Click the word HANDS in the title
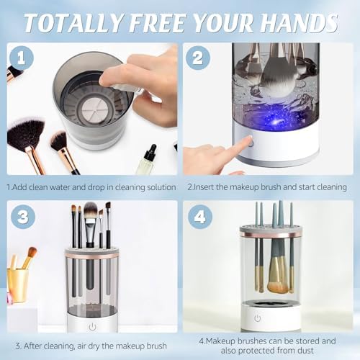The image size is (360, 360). pyautogui.click(x=299, y=23)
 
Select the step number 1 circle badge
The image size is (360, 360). pyautogui.click(x=22, y=58)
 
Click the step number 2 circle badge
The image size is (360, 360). pyautogui.click(x=198, y=58)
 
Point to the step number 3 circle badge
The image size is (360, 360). pyautogui.click(x=23, y=217)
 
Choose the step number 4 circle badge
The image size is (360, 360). pyautogui.click(x=200, y=217)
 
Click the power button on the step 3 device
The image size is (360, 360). pyautogui.click(x=93, y=327)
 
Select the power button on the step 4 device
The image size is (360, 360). pyautogui.click(x=258, y=318)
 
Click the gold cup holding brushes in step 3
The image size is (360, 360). pyautogui.click(x=18, y=286)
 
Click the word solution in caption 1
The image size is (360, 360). pyautogui.click(x=161, y=187)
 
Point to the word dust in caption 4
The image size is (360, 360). pyautogui.click(x=305, y=351)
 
